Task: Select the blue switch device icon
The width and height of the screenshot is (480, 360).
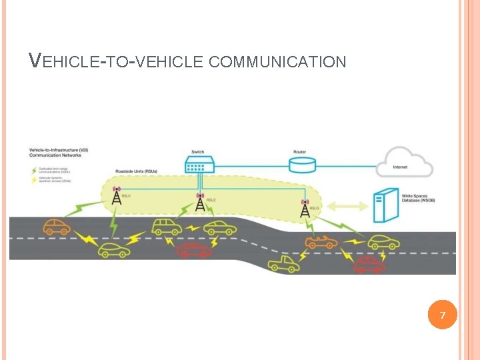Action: pos(199,163)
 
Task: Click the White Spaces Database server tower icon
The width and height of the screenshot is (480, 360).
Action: pos(383,205)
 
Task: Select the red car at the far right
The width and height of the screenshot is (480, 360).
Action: pos(369,265)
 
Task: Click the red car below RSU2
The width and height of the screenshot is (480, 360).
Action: pos(194,250)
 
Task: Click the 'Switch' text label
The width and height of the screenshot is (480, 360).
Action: pos(198,152)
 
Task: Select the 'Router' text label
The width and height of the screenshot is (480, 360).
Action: pos(300,152)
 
